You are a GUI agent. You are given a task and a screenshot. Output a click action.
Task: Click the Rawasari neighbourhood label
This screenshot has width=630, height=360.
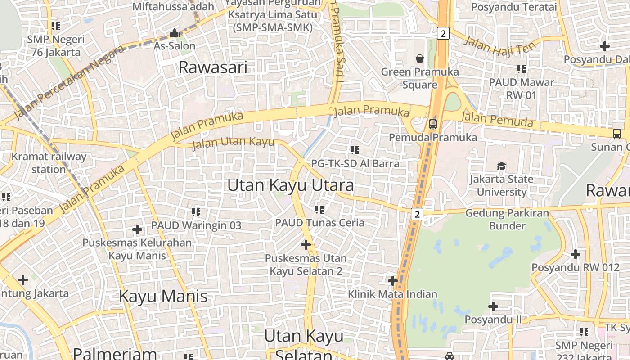(x=213, y=67)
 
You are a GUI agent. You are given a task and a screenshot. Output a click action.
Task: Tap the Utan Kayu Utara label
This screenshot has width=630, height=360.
(x=291, y=185)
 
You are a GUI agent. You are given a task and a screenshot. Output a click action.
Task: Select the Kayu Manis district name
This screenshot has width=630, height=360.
(x=163, y=296)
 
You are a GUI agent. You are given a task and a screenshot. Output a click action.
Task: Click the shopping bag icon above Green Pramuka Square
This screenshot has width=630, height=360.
(x=420, y=58)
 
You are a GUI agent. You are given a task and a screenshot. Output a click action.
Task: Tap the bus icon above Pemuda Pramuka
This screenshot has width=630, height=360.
(x=433, y=124)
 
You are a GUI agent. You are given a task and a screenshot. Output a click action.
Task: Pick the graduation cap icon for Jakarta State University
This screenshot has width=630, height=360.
(x=502, y=166)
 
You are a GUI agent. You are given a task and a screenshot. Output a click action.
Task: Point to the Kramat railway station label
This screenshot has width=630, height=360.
(x=49, y=163)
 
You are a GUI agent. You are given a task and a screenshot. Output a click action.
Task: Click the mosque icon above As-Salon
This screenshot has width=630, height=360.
(x=174, y=33)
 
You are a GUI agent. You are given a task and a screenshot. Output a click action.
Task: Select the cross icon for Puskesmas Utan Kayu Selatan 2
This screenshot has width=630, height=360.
(x=306, y=245)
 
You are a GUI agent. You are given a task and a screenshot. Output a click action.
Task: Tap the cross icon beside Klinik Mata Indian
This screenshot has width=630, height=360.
(x=393, y=281)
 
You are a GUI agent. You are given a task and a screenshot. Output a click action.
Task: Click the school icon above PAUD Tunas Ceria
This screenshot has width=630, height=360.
(x=319, y=209)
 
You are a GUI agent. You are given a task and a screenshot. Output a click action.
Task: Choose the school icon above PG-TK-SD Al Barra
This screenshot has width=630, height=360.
(x=355, y=150)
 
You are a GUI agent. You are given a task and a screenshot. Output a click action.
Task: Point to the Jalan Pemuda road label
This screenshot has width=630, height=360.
(x=497, y=120)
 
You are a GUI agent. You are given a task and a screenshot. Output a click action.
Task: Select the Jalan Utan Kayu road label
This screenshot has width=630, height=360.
(x=233, y=144)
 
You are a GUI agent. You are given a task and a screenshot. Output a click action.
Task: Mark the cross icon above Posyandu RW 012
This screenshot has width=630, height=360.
(x=576, y=254)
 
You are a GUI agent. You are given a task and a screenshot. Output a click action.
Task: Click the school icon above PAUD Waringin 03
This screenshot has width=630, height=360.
(x=196, y=212)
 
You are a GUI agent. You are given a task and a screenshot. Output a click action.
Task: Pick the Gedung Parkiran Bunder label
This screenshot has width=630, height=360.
(x=507, y=219)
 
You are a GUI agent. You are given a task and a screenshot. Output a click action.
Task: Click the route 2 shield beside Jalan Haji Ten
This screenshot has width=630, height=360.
(x=443, y=33)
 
